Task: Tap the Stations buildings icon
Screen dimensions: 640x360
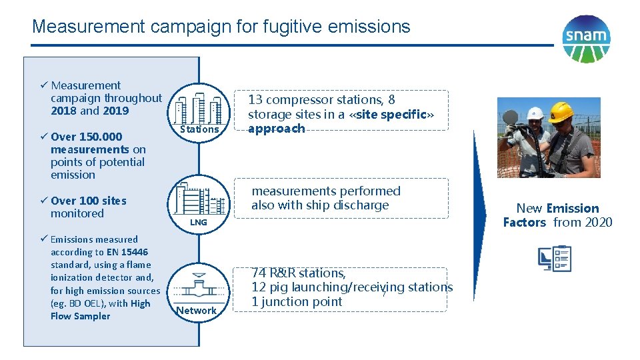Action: (199, 105)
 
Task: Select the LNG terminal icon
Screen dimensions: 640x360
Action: (199, 199)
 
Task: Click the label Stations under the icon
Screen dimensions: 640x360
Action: (199, 129)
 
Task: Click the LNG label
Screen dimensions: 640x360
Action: (199, 222)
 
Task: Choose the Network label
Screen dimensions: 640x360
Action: (197, 311)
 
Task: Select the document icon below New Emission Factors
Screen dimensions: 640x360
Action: (555, 259)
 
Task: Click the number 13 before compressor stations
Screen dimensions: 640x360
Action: (255, 100)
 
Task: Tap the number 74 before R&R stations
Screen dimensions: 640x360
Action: (259, 273)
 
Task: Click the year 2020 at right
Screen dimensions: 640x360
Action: (597, 223)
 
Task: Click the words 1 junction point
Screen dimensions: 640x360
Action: (297, 302)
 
